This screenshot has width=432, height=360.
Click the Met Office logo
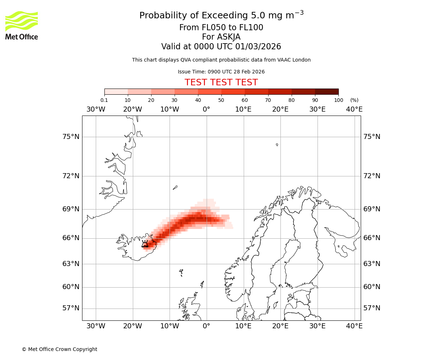pyautogui.click(x=22, y=25)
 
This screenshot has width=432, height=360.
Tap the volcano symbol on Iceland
pyautogui.click(x=145, y=244)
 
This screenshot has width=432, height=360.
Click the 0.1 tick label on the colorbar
pyautogui.click(x=104, y=100)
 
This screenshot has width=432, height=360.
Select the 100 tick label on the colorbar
pyautogui.click(x=338, y=100)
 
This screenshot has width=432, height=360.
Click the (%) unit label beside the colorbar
pyautogui.click(x=354, y=100)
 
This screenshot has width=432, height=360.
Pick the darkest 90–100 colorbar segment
pyautogui.click(x=327, y=91)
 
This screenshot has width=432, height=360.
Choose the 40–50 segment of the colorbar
pyautogui.click(x=210, y=91)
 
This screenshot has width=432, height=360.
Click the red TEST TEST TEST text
pyautogui.click(x=221, y=82)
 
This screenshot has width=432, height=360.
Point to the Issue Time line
pyautogui.click(x=221, y=72)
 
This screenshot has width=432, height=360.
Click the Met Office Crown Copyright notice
pyautogui.click(x=59, y=349)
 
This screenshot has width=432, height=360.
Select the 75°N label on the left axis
pyautogui.click(x=70, y=137)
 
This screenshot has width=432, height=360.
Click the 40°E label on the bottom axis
pyautogui.click(x=354, y=326)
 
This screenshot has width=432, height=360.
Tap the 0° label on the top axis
pyautogui.click(x=206, y=109)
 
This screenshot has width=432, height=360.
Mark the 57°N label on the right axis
pyautogui.click(x=372, y=308)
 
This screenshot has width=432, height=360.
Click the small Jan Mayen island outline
pyautogui.click(x=175, y=188)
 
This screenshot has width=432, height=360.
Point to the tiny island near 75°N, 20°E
pyautogui.click(x=277, y=145)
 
